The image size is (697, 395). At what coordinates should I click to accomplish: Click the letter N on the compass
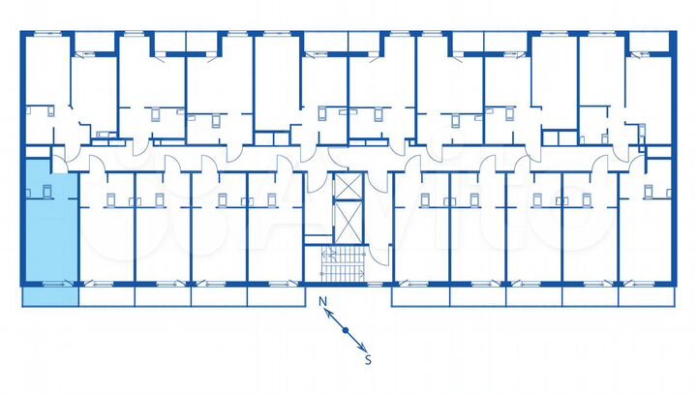323,301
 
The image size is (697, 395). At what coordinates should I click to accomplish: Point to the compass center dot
345,330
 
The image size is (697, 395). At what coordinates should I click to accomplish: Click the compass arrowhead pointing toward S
361,346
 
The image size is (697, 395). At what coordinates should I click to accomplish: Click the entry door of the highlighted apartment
60,166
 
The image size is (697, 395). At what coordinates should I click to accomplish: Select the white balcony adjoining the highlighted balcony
106,296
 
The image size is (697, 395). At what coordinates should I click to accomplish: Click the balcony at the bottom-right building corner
645,296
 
